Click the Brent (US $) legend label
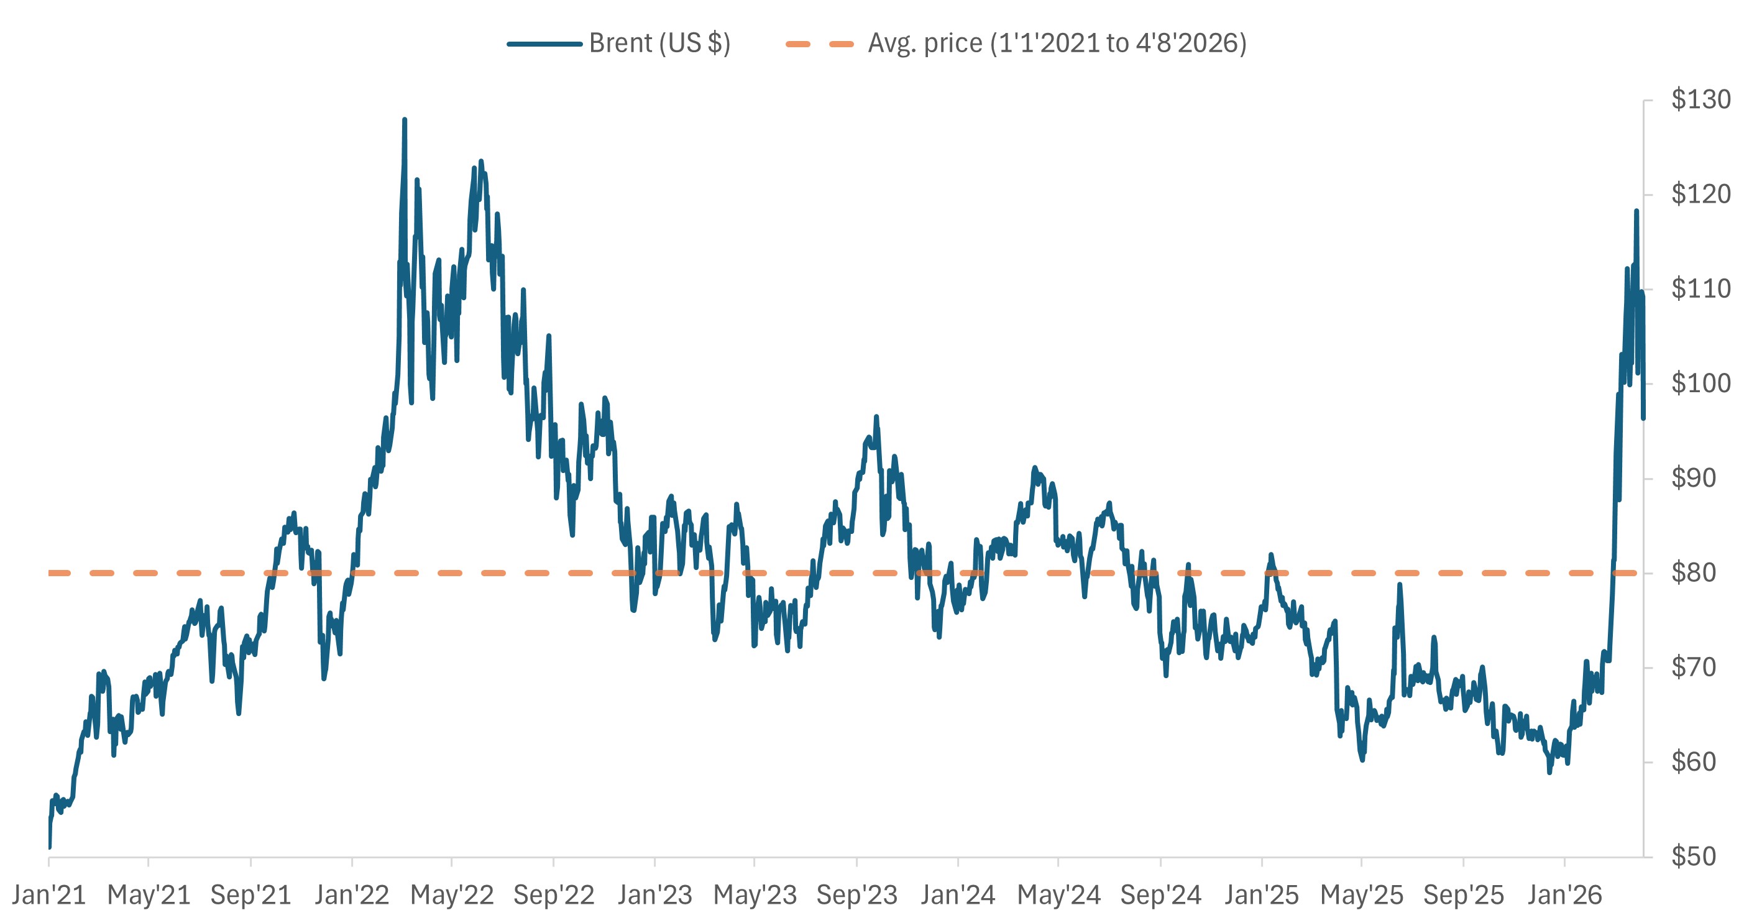tap(659, 44)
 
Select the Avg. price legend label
tap(1056, 44)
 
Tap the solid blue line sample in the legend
tap(544, 44)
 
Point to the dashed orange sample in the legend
tap(820, 44)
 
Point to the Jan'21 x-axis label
tap(48, 895)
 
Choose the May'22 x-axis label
tap(452, 895)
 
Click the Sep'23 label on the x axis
tap(856, 895)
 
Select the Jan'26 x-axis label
tap(1564, 895)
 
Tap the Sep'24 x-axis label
tap(1160, 895)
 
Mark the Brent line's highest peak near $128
tap(404, 120)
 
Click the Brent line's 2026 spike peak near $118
tap(1636, 211)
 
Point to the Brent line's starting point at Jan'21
tap(50, 846)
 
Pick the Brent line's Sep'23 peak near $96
tap(876, 417)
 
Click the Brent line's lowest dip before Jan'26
tap(1549, 772)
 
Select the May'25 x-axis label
tap(1362, 895)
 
